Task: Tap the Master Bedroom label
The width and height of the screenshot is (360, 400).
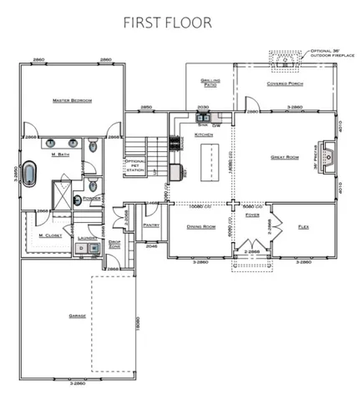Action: (x=71, y=100)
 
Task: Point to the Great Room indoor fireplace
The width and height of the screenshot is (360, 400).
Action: (x=330, y=156)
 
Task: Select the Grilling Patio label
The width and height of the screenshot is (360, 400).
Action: (x=210, y=82)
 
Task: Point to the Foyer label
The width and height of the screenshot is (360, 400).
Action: (x=252, y=215)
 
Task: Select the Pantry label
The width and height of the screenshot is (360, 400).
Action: (x=151, y=225)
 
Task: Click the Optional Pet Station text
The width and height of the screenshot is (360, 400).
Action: (x=134, y=165)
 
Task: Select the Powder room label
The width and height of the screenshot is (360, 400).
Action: (x=92, y=199)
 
